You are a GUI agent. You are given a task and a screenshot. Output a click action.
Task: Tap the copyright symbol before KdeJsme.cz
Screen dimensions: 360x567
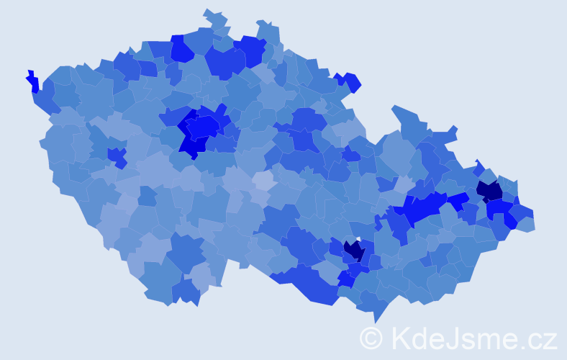point(371,338)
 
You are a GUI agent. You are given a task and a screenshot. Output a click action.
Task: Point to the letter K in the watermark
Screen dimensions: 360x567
point(400,338)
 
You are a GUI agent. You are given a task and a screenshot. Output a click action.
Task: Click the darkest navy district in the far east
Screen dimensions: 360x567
point(490,191)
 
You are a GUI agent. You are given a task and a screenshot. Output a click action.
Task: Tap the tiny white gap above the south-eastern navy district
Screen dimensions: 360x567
point(358,239)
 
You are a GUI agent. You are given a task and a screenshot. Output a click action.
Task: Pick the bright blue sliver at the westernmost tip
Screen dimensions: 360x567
point(32,81)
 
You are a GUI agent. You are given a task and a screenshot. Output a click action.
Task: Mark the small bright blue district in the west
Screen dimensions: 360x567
point(116,155)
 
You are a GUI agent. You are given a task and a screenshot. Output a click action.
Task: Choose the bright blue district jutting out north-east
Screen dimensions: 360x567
point(351,81)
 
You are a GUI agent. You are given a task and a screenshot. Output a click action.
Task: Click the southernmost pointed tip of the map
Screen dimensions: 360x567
point(376,321)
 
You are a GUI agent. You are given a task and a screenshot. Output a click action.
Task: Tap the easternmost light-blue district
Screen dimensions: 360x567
point(526,224)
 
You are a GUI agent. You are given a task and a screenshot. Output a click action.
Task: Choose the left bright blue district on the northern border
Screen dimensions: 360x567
point(181,49)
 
